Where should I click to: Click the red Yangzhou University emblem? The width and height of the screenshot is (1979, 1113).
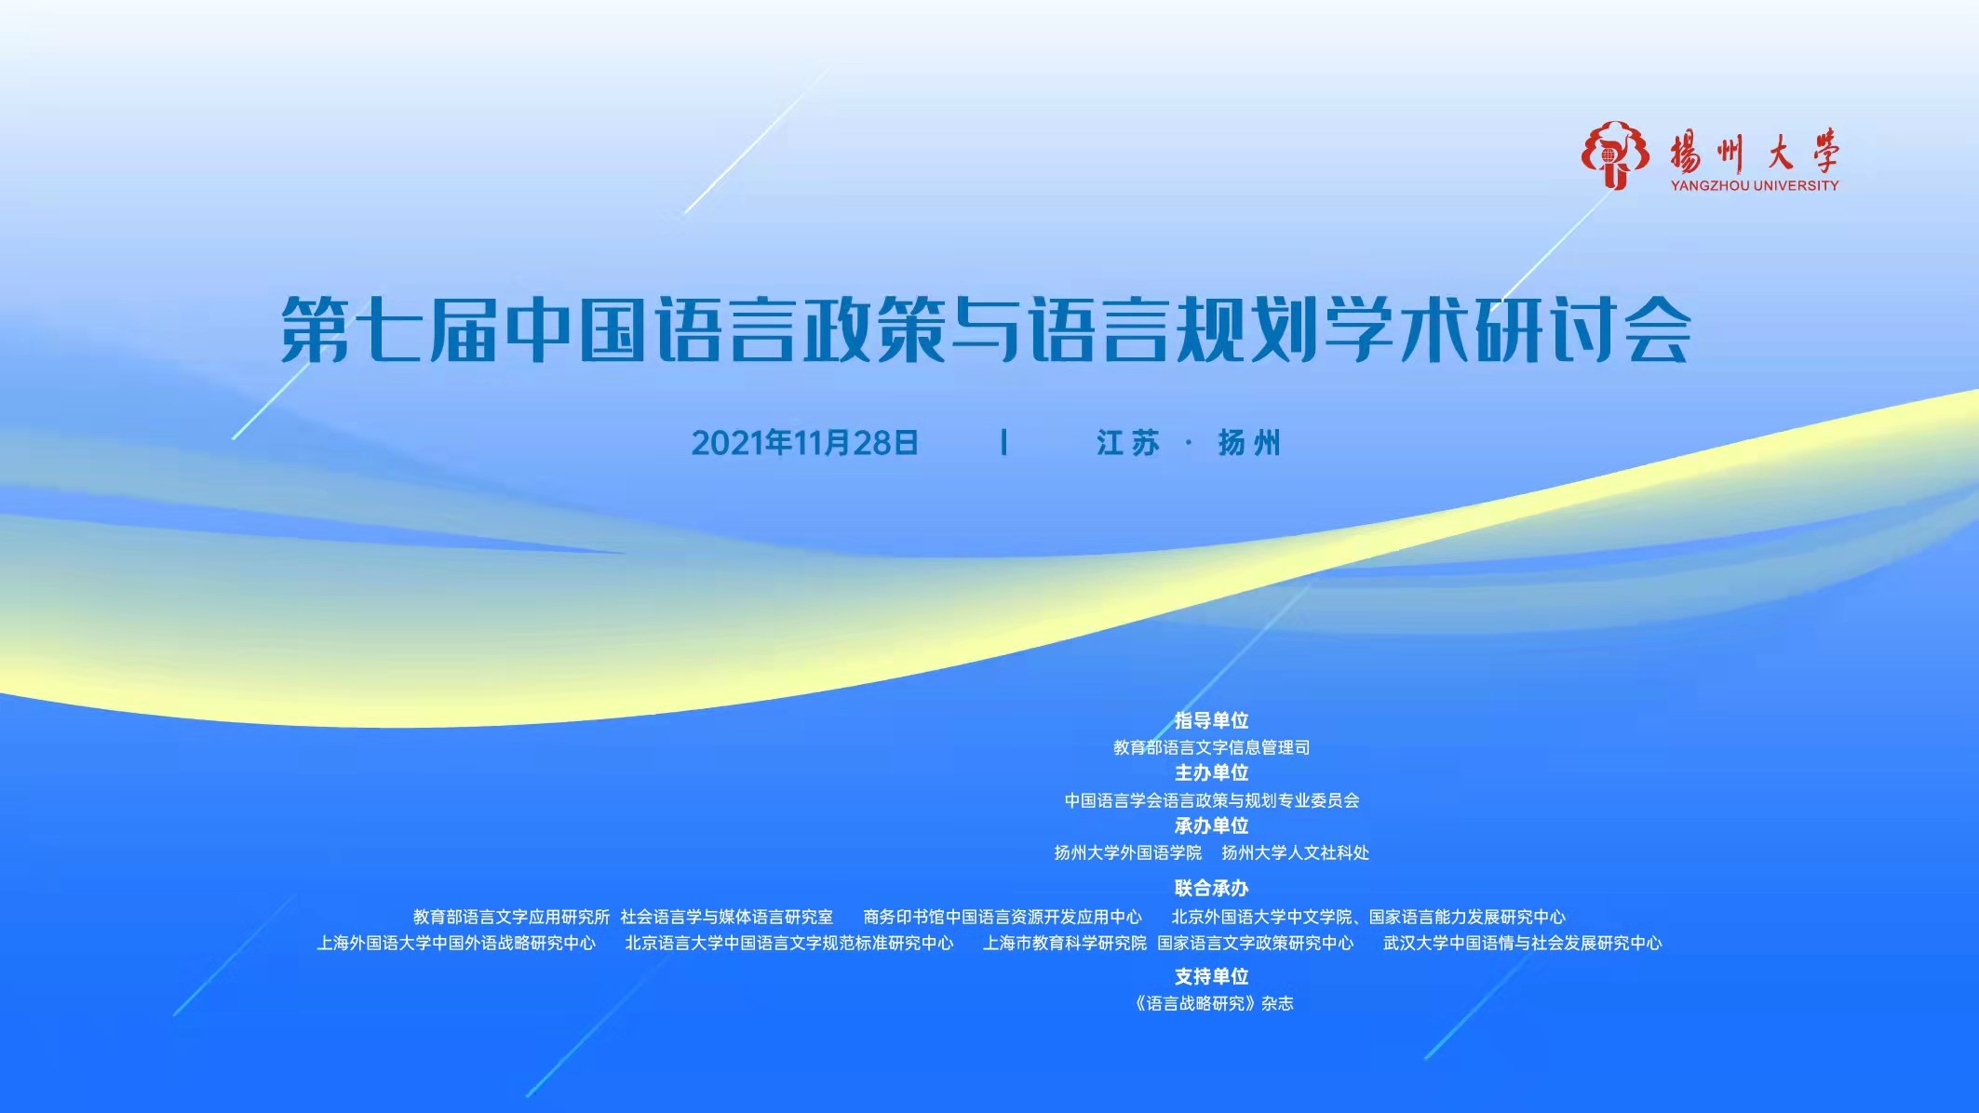(1614, 154)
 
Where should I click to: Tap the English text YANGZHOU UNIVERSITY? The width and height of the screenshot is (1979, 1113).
(1755, 185)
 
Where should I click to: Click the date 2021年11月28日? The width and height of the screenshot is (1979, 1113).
(805, 443)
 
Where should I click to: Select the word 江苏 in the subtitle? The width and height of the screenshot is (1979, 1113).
(1127, 443)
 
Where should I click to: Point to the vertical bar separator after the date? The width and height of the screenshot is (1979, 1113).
(1003, 443)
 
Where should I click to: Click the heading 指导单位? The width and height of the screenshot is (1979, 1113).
(1211, 720)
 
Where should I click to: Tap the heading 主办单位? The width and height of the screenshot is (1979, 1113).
(1211, 772)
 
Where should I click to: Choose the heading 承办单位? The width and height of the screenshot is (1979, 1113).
(1211, 825)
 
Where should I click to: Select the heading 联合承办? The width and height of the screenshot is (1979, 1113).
(1211, 888)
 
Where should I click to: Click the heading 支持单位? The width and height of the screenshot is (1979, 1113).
(1211, 976)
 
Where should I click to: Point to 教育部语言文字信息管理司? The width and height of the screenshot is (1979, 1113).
(1211, 747)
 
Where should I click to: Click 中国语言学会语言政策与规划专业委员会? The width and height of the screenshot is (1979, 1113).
(1211, 800)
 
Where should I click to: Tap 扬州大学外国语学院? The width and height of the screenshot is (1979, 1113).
(1127, 852)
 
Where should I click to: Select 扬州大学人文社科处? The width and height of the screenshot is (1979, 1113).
(1295, 852)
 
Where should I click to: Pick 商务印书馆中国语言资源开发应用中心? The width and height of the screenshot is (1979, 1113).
(1003, 917)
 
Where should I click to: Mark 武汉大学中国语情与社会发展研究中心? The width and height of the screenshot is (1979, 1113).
(1522, 943)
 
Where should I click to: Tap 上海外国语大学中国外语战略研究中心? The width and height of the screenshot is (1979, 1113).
(456, 943)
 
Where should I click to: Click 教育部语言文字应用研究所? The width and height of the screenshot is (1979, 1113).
(511, 917)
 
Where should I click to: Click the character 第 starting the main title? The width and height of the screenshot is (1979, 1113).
(316, 329)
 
